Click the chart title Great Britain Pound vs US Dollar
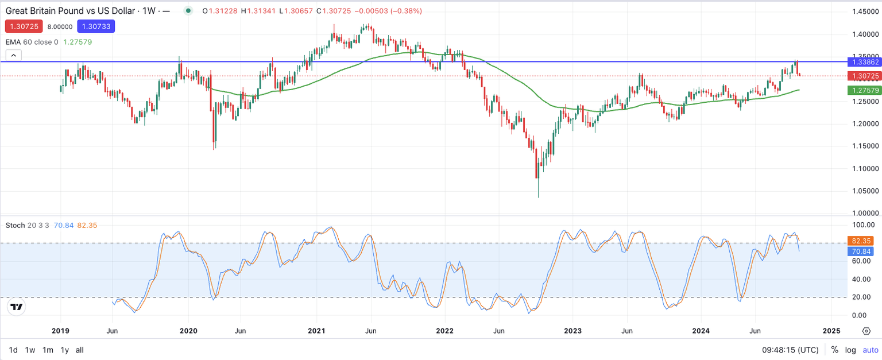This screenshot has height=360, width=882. [x=75, y=11]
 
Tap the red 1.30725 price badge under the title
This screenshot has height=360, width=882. [x=24, y=26]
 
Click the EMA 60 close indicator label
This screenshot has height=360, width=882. [x=32, y=42]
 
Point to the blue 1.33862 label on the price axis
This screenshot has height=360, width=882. [x=864, y=61]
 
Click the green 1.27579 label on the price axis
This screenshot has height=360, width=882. [x=864, y=90]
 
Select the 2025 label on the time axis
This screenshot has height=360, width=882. [x=831, y=331]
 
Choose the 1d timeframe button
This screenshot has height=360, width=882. [x=13, y=350]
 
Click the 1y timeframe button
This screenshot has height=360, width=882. [x=65, y=350]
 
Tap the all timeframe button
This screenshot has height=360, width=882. [x=80, y=350]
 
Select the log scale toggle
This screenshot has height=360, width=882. [x=850, y=350]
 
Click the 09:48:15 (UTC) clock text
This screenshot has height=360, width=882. [x=790, y=350]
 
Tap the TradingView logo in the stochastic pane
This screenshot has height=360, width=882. [x=17, y=307]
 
